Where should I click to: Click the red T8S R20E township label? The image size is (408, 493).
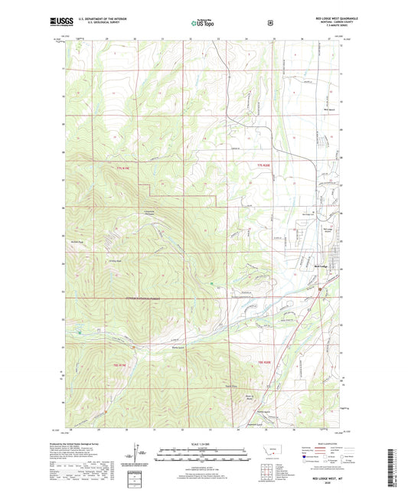(x=264, y=361)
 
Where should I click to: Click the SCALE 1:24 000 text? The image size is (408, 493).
(x=203, y=443)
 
